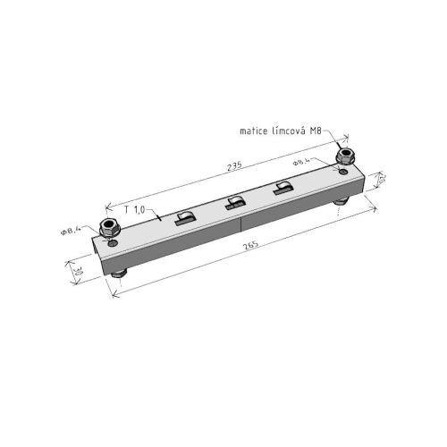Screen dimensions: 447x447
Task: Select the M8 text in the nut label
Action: coord(317,131)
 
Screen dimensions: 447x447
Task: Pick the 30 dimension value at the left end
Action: coord(79,269)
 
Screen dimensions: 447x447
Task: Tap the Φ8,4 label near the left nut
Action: coord(71,232)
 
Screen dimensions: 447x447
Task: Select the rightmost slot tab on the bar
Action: coord(282,187)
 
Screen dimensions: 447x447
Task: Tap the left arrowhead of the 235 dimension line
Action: coord(108,205)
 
